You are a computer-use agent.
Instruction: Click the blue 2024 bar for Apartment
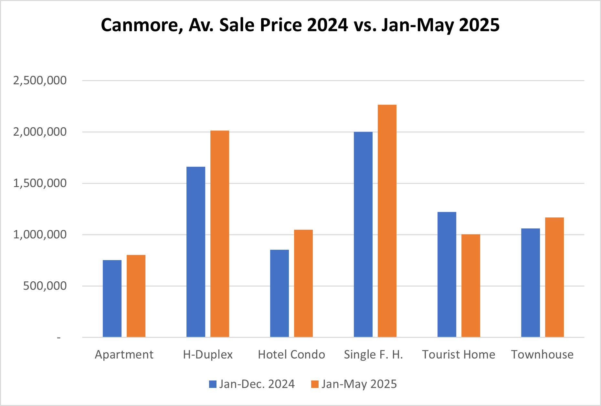pyautogui.click(x=112, y=298)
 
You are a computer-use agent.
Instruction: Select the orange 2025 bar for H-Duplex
pyautogui.click(x=220, y=234)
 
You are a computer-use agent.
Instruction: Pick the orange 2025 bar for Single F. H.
pyautogui.click(x=387, y=221)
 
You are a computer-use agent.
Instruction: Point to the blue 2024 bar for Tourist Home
pyautogui.click(x=447, y=275)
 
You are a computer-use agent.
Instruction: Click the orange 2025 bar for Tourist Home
pyautogui.click(x=471, y=286)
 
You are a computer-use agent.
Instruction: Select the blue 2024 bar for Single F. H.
pyautogui.click(x=363, y=234)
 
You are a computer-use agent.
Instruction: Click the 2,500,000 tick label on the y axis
pyautogui.click(x=40, y=80)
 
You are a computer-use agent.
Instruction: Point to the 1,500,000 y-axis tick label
pyautogui.click(x=40, y=183)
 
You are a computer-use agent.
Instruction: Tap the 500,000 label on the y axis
pyautogui.click(x=45, y=286)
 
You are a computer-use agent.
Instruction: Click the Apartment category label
pyautogui.click(x=124, y=355)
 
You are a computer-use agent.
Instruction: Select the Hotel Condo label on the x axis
pyautogui.click(x=291, y=355)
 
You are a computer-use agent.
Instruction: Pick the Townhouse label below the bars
pyautogui.click(x=542, y=355)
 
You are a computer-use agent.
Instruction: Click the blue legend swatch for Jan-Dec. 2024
pyautogui.click(x=213, y=384)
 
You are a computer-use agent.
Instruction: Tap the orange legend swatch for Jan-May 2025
pyautogui.click(x=315, y=384)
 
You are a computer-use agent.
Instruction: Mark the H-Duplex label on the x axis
pyautogui.click(x=208, y=355)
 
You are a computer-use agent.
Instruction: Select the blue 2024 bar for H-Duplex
pyautogui.click(x=196, y=252)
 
